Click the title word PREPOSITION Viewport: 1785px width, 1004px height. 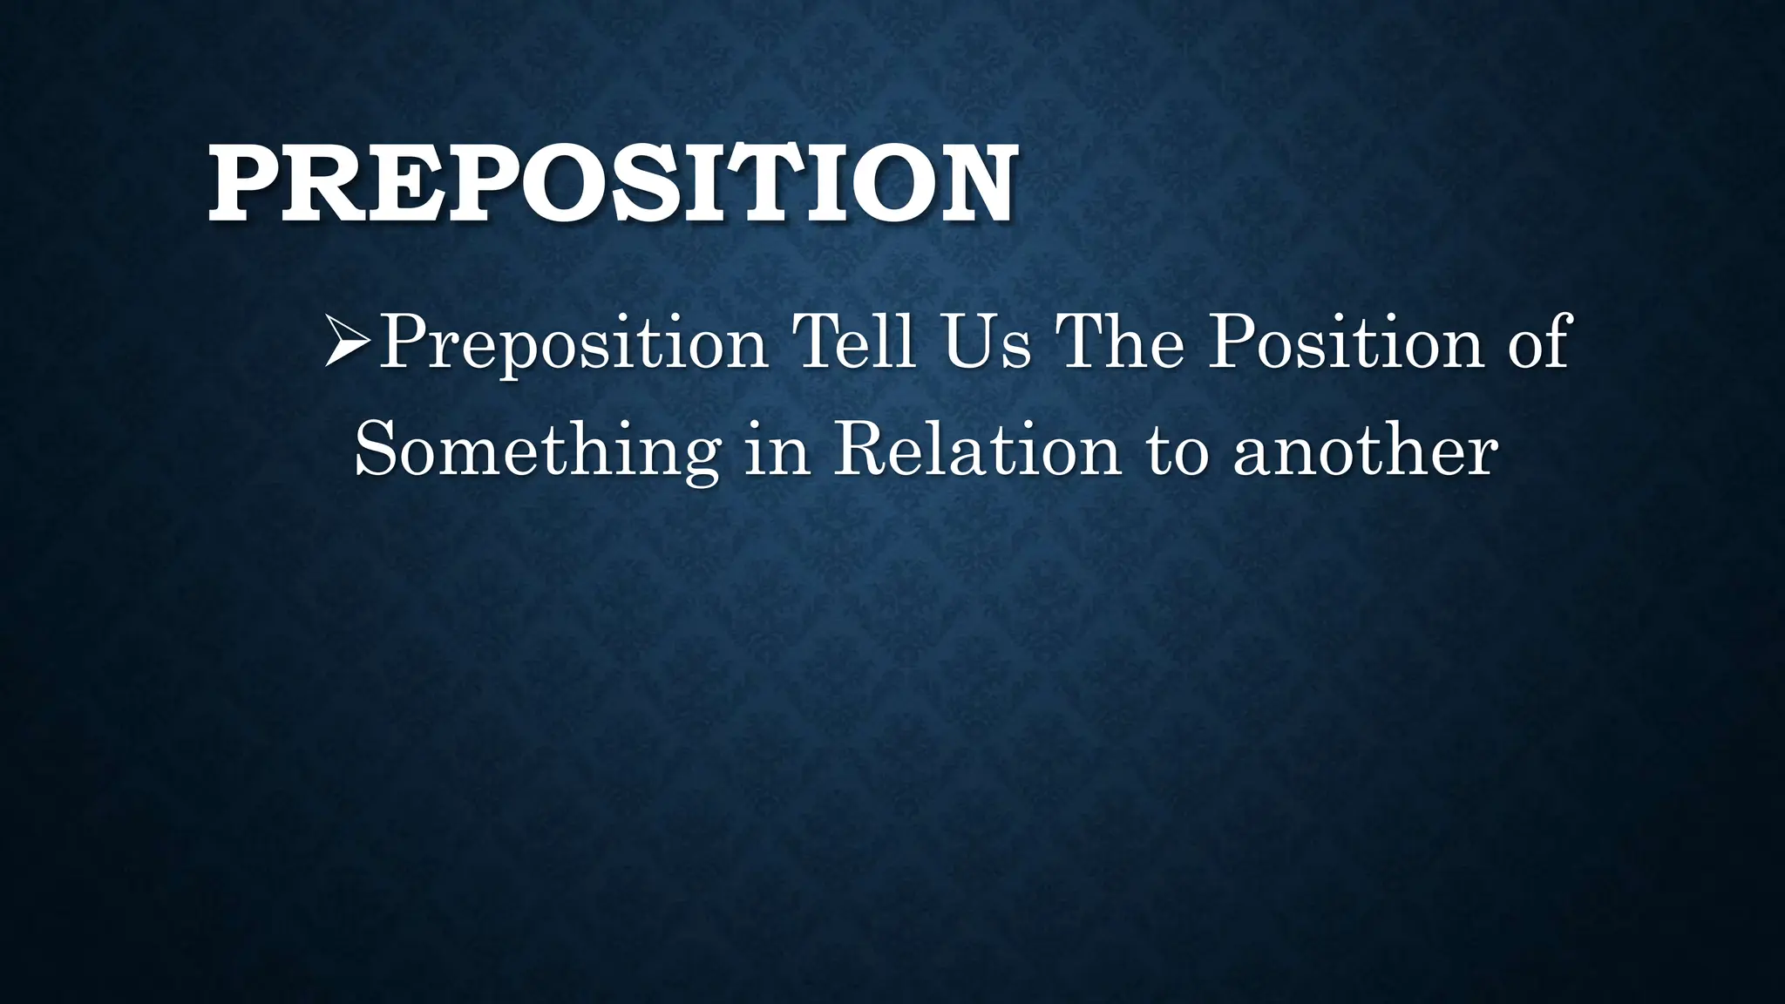pyautogui.click(x=612, y=186)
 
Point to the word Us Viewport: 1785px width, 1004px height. pyautogui.click(x=987, y=342)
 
